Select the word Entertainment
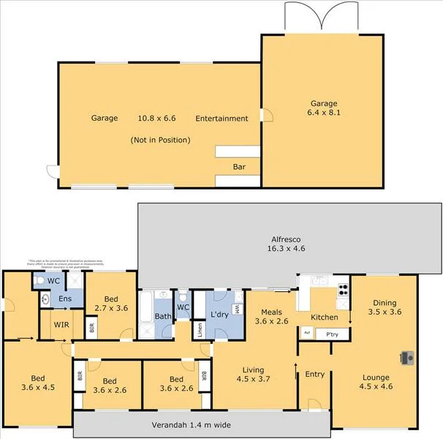(221, 119)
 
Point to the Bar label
(238, 167)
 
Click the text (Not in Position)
(160, 140)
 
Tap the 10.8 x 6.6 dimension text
(157, 118)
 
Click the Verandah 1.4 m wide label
(192, 424)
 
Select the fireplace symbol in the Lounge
(406, 358)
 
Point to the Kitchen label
(324, 318)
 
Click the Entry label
(314, 375)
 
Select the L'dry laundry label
(220, 315)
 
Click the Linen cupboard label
(199, 329)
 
